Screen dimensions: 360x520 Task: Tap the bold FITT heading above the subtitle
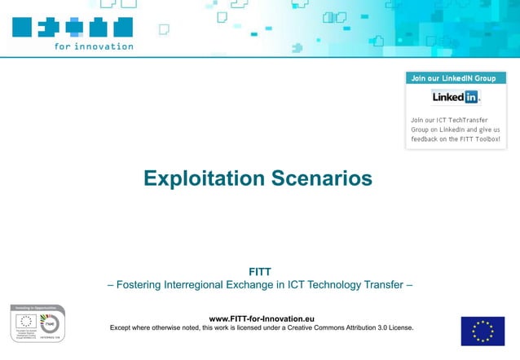point(259,271)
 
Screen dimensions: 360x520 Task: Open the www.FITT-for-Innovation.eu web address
point(262,318)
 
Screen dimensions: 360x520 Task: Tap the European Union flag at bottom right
point(483,331)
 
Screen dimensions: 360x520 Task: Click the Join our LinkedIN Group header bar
point(455,78)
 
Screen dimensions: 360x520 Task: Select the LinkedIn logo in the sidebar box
point(456,97)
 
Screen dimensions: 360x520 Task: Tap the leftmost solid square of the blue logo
point(22,27)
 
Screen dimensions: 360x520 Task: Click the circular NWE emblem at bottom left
point(50,323)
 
